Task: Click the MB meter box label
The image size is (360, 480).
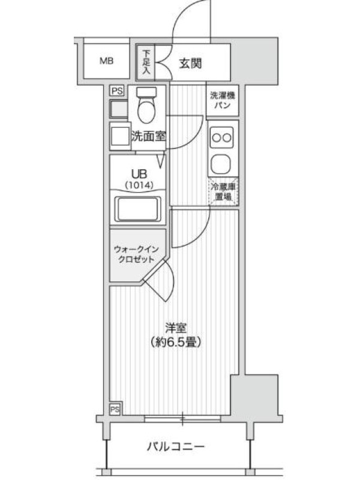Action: point(107,61)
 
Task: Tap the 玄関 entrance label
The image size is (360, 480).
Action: point(190,64)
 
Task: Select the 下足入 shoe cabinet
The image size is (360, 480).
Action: point(146,62)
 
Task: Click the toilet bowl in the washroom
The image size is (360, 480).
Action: point(146,105)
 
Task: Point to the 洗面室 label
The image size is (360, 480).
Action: point(149,136)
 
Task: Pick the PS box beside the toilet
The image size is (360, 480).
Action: point(117,91)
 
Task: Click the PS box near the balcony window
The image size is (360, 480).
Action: point(115,409)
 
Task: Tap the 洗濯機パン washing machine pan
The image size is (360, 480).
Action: point(223,101)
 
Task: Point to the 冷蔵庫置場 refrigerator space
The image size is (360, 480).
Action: point(223,191)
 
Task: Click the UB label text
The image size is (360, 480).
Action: point(139,174)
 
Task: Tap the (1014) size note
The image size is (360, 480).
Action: point(139,185)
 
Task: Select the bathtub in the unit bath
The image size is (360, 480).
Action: point(138,209)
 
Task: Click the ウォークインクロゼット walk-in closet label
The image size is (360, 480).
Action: point(136,254)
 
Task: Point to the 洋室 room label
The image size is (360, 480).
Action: point(176,328)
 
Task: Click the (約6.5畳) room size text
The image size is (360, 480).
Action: point(175,341)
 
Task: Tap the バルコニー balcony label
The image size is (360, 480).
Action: point(175,446)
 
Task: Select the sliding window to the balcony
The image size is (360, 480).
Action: point(182,419)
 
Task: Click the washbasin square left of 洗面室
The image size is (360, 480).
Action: point(119,137)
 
